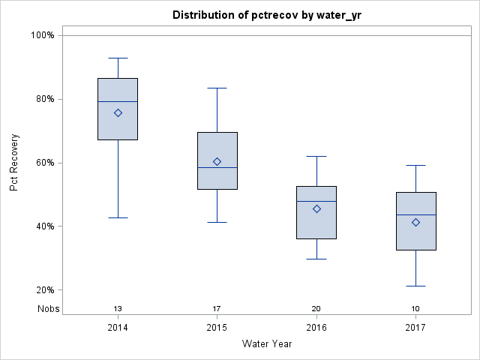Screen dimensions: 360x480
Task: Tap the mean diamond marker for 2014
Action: point(118,112)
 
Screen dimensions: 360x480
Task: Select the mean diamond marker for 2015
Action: point(217,161)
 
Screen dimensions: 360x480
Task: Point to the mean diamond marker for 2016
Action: point(316,208)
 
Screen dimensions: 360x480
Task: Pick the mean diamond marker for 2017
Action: point(415,222)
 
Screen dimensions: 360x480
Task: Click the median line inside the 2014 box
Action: point(118,101)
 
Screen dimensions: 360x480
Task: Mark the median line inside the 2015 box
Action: point(217,167)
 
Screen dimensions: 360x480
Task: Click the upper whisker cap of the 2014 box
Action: point(118,58)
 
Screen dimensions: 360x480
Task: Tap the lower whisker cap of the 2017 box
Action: point(415,286)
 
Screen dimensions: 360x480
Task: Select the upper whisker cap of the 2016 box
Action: point(316,156)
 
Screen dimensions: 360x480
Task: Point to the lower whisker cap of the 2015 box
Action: point(217,222)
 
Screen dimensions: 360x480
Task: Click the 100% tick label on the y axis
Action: point(42,35)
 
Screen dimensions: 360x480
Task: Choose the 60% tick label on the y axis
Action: point(44,163)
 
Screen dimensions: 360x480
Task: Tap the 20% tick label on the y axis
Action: point(44,290)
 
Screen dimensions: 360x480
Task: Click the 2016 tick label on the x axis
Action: point(316,328)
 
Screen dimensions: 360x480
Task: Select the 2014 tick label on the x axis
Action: point(118,328)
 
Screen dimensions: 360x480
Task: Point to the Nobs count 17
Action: point(217,309)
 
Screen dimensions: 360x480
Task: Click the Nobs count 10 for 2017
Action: point(415,309)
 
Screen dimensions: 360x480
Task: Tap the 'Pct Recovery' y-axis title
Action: point(14,163)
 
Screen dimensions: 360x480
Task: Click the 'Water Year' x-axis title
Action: point(266,344)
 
